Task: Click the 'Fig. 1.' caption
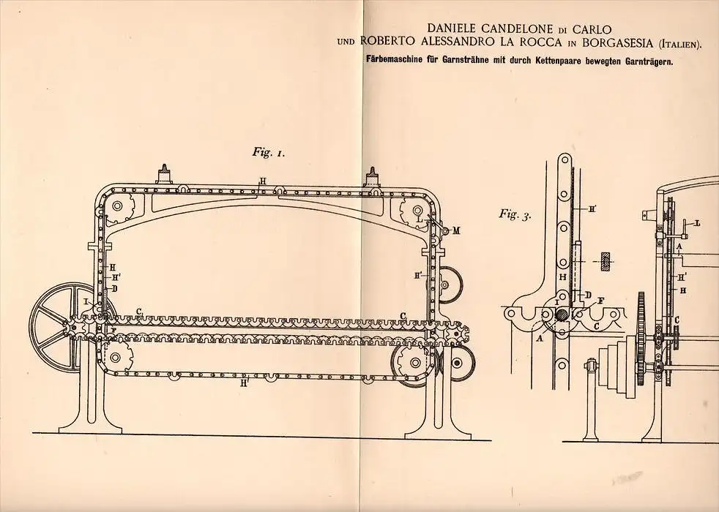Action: (268, 152)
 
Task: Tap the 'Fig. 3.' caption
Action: (515, 214)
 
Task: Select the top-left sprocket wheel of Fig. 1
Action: (117, 206)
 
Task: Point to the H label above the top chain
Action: (262, 181)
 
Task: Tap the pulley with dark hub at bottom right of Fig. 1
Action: (456, 363)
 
